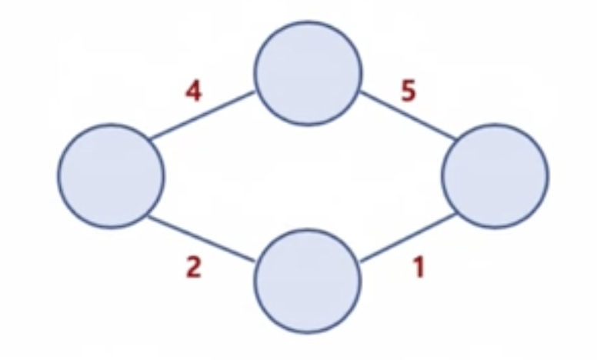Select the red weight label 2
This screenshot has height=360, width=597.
point(193,270)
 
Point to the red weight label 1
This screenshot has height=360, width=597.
point(419,270)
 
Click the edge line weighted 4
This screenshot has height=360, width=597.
point(202,117)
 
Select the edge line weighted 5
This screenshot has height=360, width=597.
point(409,116)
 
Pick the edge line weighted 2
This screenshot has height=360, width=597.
point(202,239)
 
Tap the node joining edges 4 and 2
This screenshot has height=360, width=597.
point(111,175)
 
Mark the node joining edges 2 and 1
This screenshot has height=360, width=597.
point(308,280)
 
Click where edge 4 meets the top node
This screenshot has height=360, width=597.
point(257,94)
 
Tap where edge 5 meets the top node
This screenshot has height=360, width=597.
point(359,93)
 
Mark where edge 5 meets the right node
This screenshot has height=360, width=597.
point(459,139)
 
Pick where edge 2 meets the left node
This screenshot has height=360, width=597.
point(148,217)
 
